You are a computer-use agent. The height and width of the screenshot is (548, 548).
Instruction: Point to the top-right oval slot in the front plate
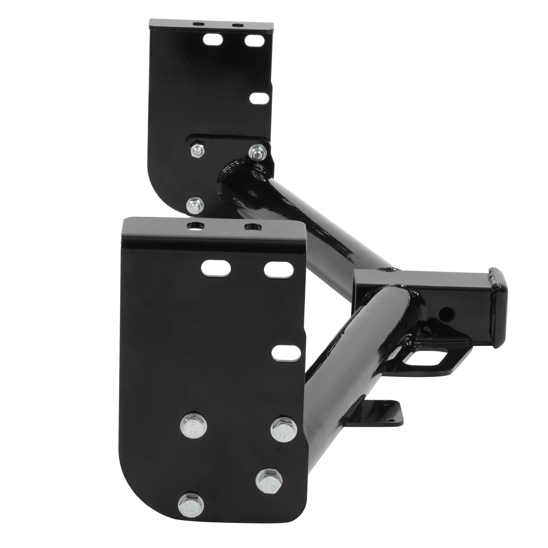pyautogui.click(x=279, y=269)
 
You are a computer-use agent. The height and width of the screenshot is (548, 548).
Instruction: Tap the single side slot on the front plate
pyautogui.click(x=284, y=353)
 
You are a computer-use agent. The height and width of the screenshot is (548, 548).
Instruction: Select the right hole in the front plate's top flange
pyautogui.click(x=252, y=226)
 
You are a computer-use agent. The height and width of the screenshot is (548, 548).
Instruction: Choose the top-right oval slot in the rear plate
pyautogui.click(x=255, y=40)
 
